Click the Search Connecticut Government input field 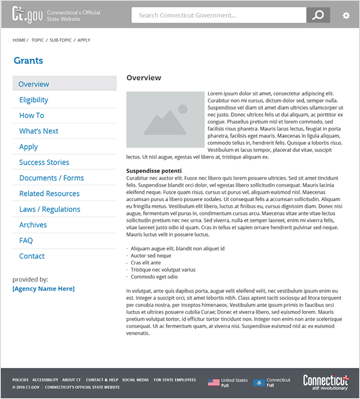click(218, 16)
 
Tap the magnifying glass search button click(318, 16)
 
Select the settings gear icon click(346, 16)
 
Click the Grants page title click(28, 61)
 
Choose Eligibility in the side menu click(34, 100)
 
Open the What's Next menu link click(39, 131)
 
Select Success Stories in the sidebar click(44, 162)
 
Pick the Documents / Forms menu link click(52, 178)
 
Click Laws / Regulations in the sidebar click(50, 209)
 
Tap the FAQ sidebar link click(26, 241)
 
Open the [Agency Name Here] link click(43, 289)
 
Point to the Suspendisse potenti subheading click(154, 171)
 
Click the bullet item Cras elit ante click(146, 263)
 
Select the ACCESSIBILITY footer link click(45, 380)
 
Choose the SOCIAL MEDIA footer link click(136, 380)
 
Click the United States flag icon click(213, 382)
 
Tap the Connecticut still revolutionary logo click(326, 382)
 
